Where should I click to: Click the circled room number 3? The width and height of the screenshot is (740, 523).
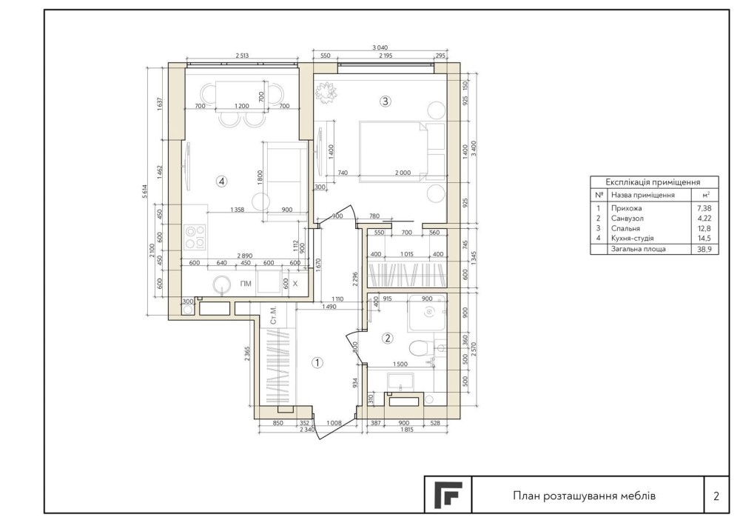[x=386, y=101]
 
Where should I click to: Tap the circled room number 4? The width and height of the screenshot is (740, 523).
[x=221, y=181]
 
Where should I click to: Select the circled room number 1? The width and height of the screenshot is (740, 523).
[x=317, y=363]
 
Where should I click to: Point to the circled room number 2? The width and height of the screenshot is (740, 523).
[x=388, y=339]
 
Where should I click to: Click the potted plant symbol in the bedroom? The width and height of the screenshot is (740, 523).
[x=326, y=92]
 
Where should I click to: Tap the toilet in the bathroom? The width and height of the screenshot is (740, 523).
[x=419, y=349]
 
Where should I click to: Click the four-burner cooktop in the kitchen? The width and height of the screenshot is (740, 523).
[x=195, y=237]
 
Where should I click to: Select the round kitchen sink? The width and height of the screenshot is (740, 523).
[x=222, y=284]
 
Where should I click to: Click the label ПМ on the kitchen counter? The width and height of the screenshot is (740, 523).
[x=246, y=284]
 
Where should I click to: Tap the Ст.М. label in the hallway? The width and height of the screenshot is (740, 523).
[x=273, y=315]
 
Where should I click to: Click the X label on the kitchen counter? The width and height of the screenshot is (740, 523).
[x=295, y=284]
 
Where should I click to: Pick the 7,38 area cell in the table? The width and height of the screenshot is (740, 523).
[x=704, y=208]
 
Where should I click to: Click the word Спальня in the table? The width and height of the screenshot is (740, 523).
[x=625, y=228]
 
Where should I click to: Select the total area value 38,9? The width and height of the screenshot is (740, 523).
[x=704, y=249]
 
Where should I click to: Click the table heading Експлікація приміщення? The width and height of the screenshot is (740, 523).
[x=653, y=182]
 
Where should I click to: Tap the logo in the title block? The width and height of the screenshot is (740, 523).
[x=448, y=494]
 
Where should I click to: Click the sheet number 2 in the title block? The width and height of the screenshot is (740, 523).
[x=716, y=496]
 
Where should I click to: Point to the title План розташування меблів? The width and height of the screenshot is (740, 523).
[x=585, y=496]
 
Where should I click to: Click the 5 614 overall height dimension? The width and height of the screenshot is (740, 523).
[x=145, y=193]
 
